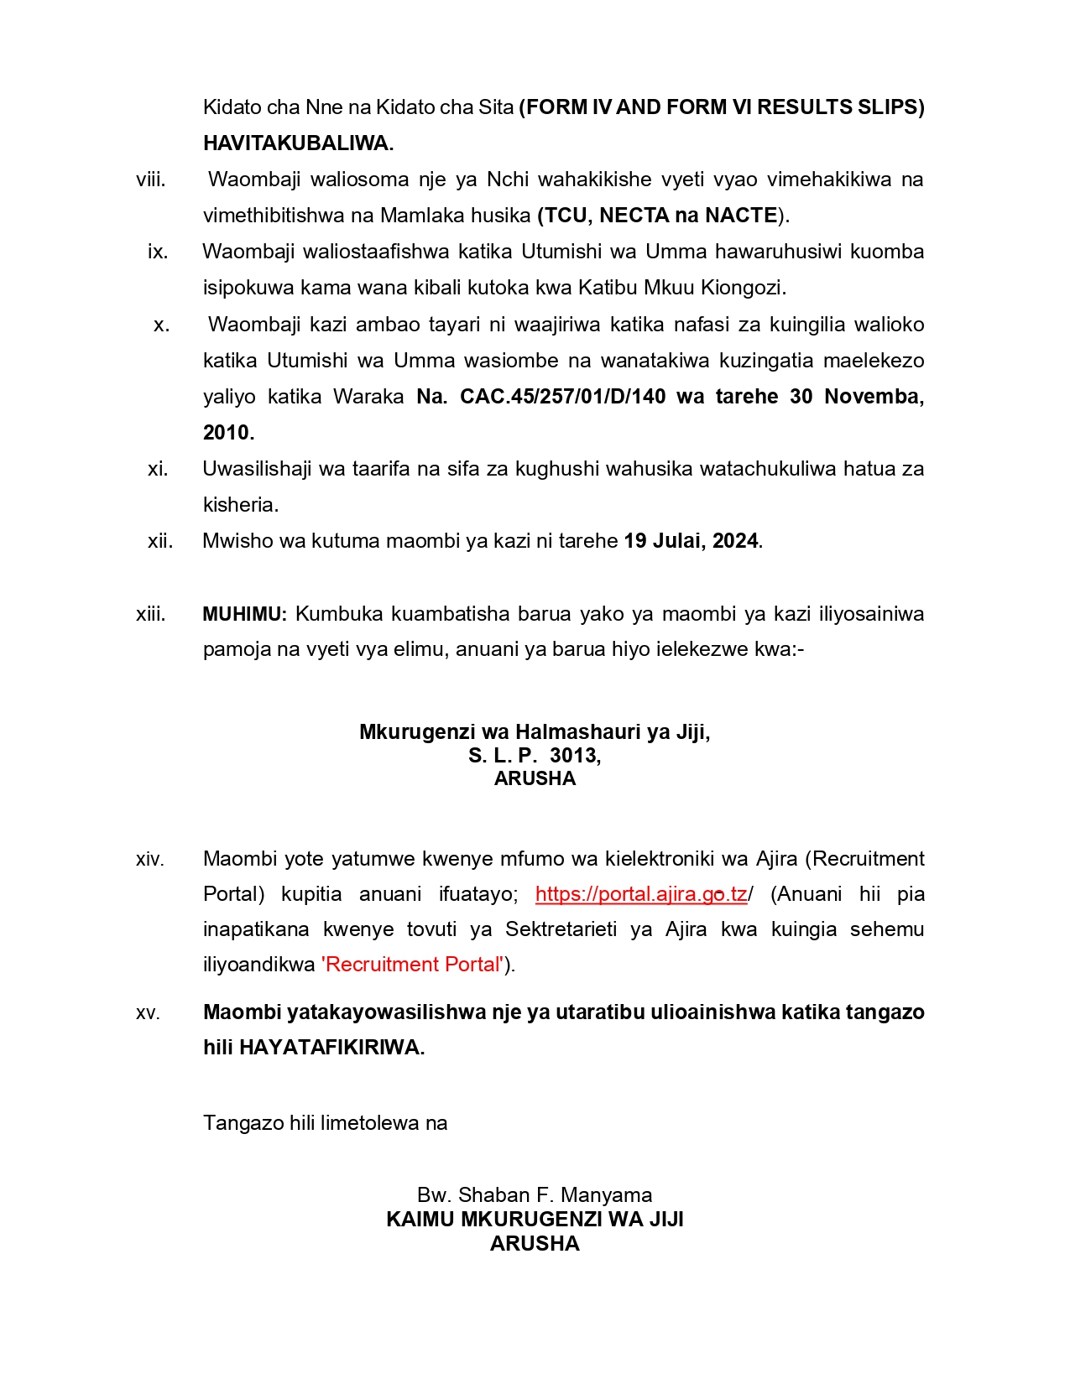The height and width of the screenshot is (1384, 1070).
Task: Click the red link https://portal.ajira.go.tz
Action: click(640, 894)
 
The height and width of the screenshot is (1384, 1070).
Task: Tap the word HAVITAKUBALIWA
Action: click(298, 143)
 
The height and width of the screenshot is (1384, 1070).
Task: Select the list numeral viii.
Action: click(151, 180)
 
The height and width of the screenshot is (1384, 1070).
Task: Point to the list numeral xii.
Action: click(160, 541)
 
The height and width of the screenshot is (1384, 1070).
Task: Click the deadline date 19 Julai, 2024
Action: click(691, 541)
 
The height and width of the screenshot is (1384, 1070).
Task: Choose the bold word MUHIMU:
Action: click(244, 614)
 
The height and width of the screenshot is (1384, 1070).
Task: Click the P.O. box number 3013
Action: click(575, 756)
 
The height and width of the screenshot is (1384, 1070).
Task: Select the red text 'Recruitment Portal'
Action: click(413, 965)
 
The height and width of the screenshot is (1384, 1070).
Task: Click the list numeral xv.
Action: click(148, 1013)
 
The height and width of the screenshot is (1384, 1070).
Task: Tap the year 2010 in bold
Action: click(227, 433)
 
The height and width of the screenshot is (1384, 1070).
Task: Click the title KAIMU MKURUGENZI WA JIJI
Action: click(535, 1220)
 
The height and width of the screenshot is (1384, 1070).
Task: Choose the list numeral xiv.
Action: click(150, 860)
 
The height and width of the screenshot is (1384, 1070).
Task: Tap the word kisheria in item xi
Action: click(240, 505)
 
